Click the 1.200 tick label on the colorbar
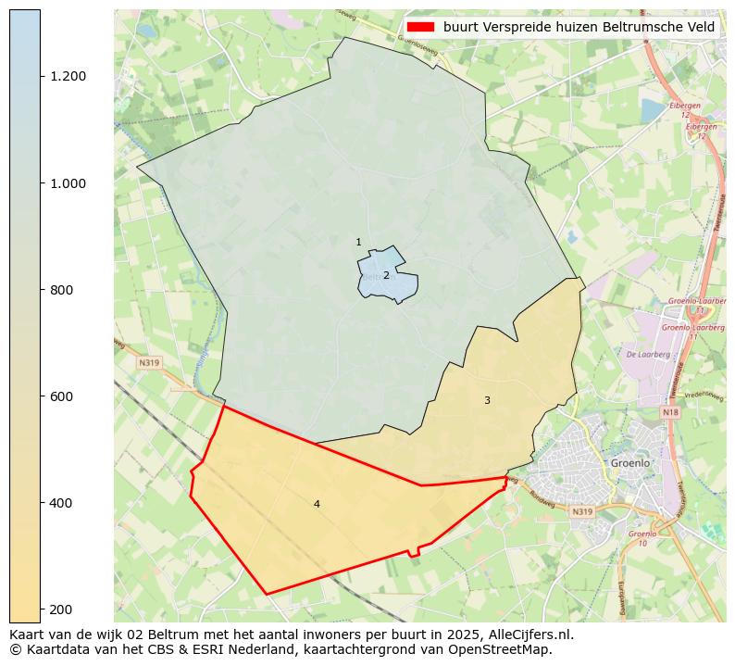(x=68, y=76)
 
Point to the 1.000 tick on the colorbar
(x=68, y=183)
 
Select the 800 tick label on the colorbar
(x=61, y=290)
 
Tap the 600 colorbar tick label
(x=61, y=396)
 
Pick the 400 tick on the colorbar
(x=61, y=503)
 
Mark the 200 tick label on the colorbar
(x=61, y=609)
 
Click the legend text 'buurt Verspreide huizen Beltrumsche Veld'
(x=579, y=28)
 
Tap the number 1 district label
(x=358, y=243)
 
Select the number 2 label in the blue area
(x=386, y=275)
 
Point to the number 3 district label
(x=487, y=400)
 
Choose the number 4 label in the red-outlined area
(x=317, y=504)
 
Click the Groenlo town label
(x=631, y=462)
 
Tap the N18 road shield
(x=671, y=412)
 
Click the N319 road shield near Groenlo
(x=582, y=511)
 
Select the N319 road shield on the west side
(x=149, y=363)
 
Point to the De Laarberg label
(x=642, y=354)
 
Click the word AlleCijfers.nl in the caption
(x=528, y=635)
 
